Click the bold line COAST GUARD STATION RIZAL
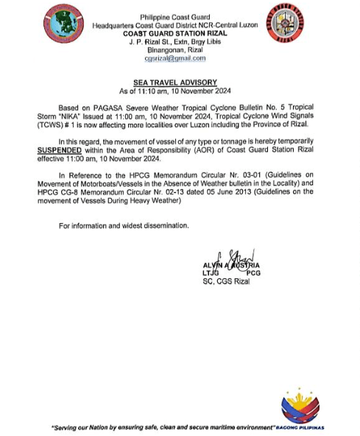[x=174, y=33]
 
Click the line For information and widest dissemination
[x=124, y=225]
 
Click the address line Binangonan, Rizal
[x=174, y=49]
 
